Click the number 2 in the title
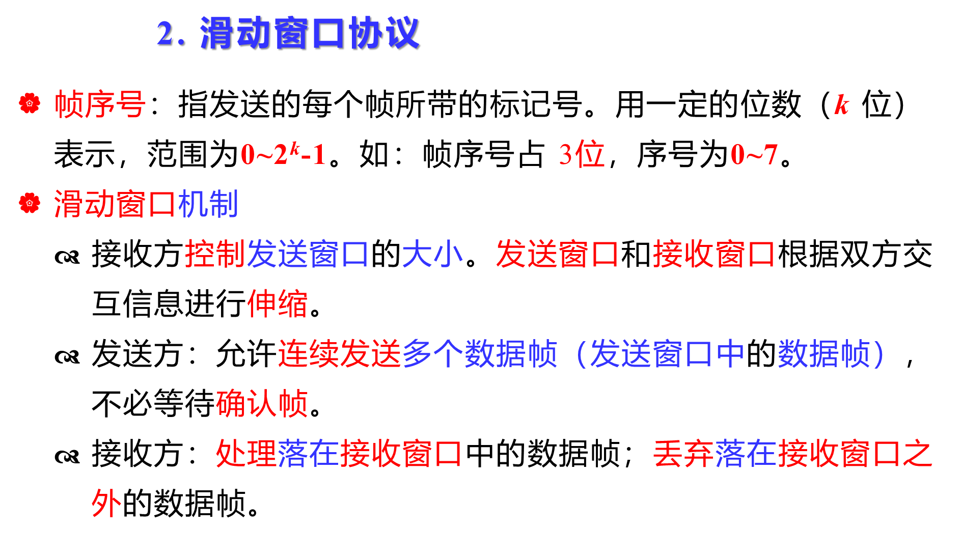pos(166,34)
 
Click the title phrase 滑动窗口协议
pos(309,34)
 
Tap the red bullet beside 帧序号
pos(30,103)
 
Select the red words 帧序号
pos(100,104)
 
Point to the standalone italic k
pos(841,105)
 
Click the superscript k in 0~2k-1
pos(295,148)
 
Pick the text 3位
pos(582,154)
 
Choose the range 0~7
pos(754,154)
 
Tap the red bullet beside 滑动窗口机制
pos(30,203)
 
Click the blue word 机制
pos(208,204)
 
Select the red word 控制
pos(215,254)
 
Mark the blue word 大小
pos(432,254)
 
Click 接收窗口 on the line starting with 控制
pos(713,254)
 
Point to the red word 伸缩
pos(278,303)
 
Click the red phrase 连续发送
pos(340,353)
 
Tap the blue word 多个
pos(433,353)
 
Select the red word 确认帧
pos(262,403)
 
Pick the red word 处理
pos(246,453)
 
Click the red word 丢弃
pos(683,453)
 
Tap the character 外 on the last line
pos(106,504)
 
